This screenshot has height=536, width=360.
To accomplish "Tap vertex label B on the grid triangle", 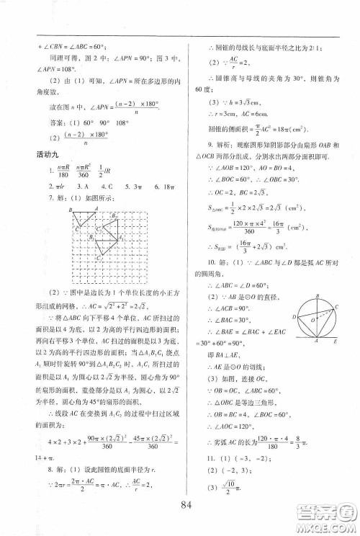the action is (x=72, y=210).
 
